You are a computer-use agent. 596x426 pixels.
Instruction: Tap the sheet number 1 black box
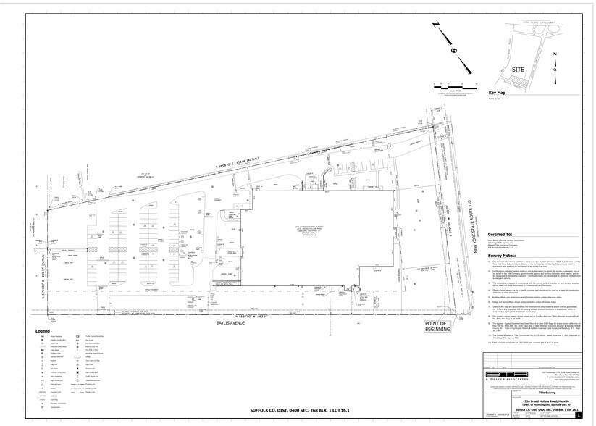point(577,415)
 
